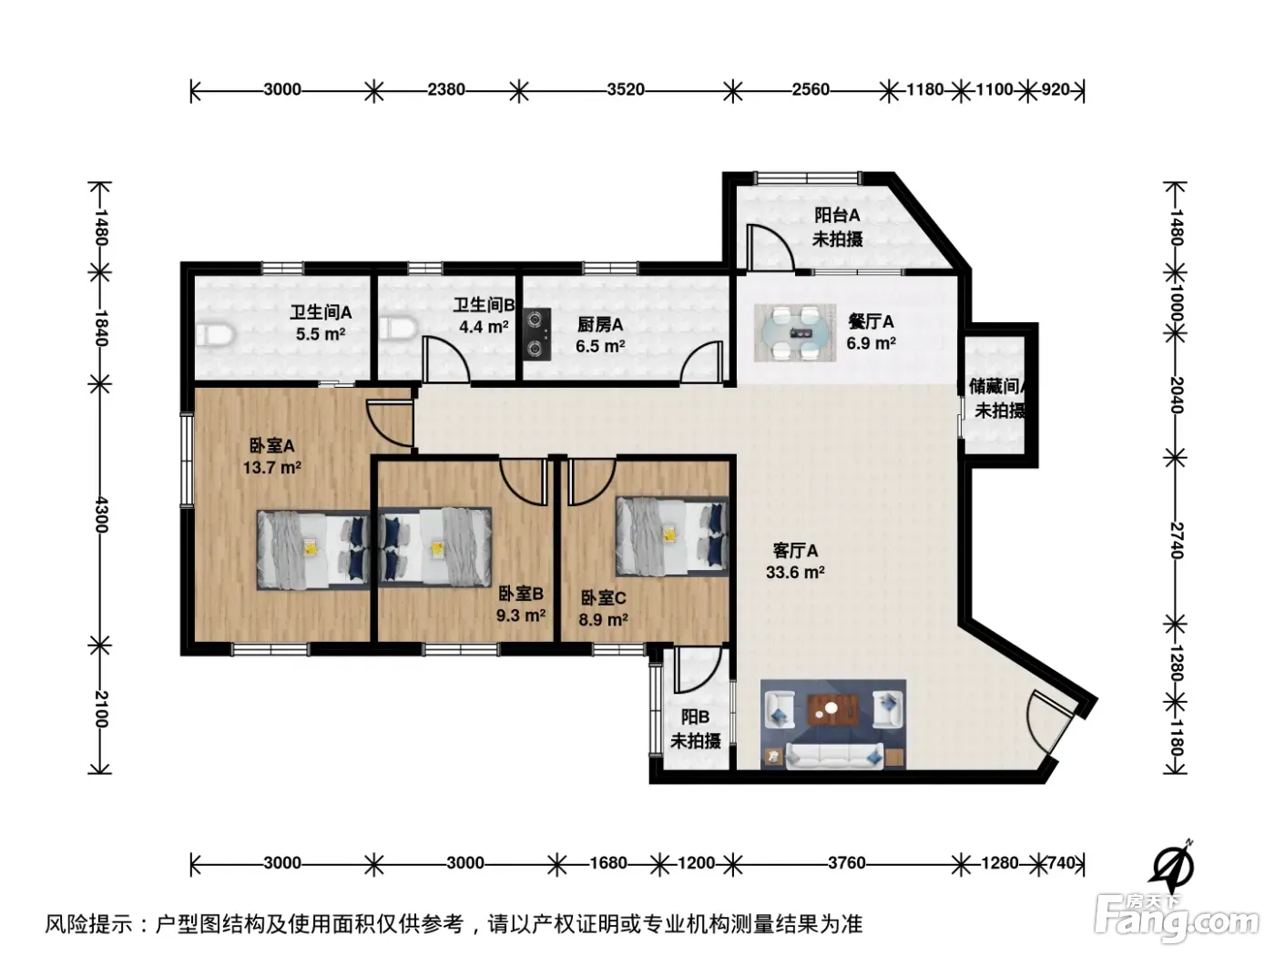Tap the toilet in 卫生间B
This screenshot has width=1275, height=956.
(x=398, y=328)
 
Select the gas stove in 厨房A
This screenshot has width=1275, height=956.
(x=537, y=334)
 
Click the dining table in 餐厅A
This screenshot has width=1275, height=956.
(x=794, y=332)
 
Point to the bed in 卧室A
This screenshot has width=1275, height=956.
(x=313, y=550)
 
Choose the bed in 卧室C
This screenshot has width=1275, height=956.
(x=672, y=535)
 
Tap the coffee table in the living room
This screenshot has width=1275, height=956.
(x=833, y=709)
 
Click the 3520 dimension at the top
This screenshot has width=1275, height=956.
(x=626, y=89)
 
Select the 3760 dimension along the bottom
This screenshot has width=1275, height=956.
(x=846, y=863)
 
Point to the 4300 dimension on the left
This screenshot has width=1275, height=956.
(x=101, y=514)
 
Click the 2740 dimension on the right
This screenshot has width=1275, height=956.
(x=1176, y=541)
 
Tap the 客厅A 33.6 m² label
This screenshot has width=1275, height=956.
(x=795, y=561)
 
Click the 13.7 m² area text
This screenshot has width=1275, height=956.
(x=271, y=467)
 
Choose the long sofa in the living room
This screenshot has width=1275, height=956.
(x=833, y=755)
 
